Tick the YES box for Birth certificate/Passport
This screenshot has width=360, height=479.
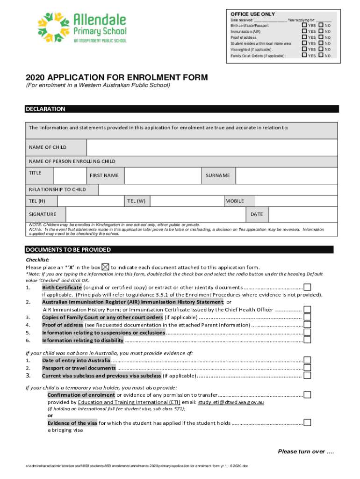pos(304,25)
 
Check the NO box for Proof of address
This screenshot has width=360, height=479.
pos(321,37)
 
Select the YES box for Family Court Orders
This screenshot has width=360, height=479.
pos(304,56)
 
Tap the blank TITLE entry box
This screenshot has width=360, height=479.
pos(69,175)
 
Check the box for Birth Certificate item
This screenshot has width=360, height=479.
pos(307,287)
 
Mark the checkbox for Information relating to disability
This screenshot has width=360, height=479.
pos(307,340)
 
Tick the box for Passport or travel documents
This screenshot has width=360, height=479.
pos(307,368)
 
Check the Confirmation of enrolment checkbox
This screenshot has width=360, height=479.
pos(307,395)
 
